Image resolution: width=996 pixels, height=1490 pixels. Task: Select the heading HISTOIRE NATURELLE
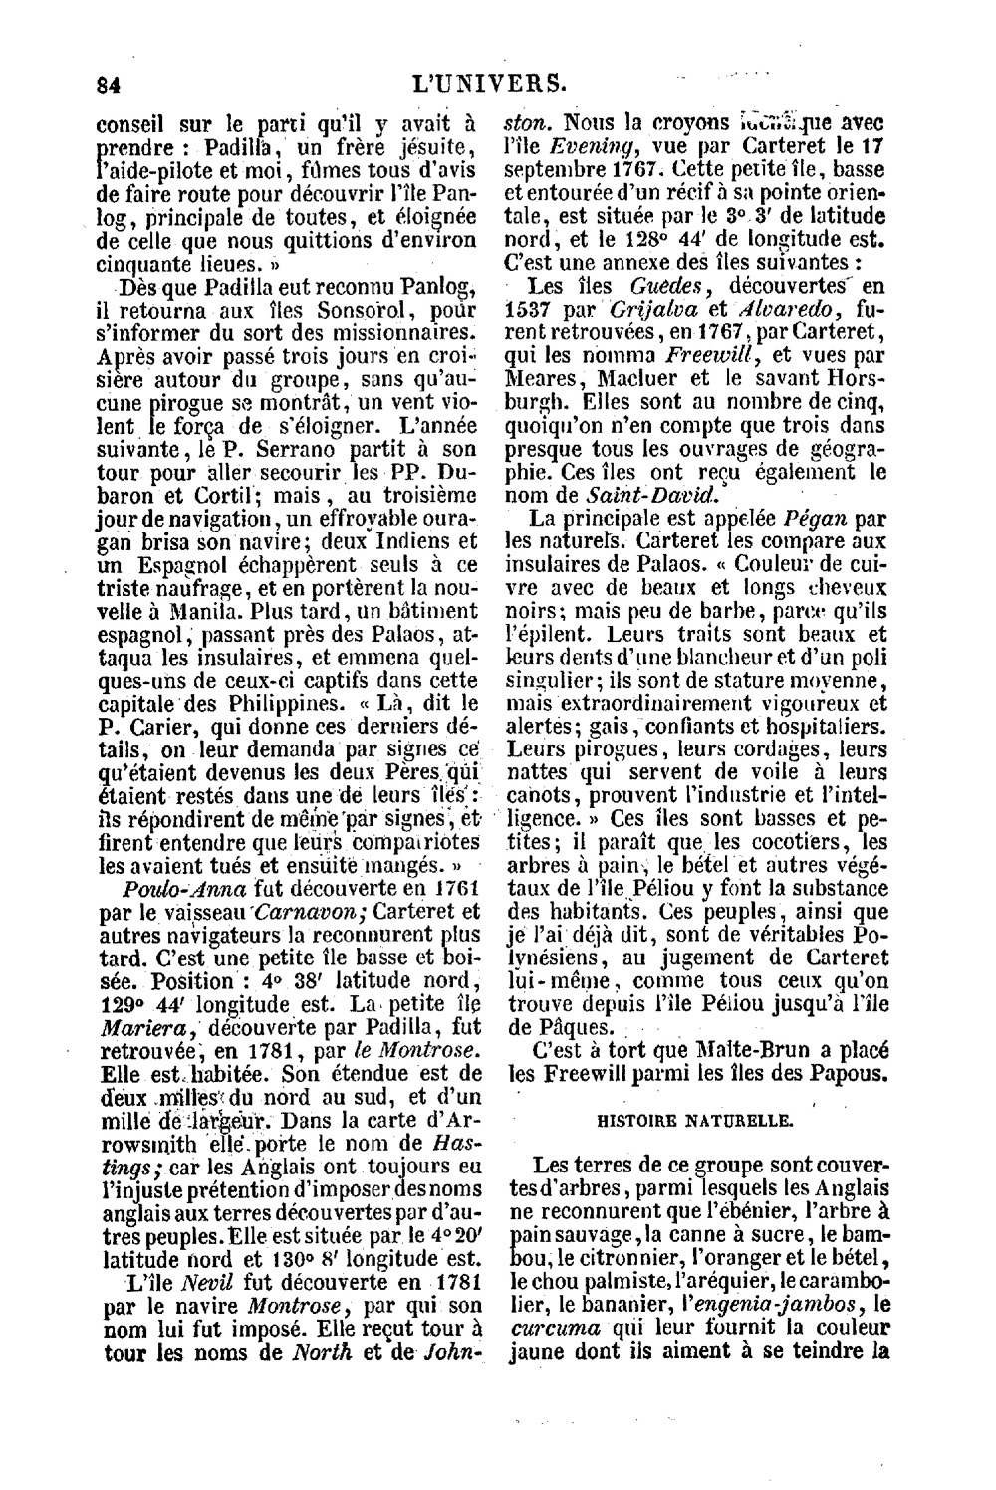point(694,1120)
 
